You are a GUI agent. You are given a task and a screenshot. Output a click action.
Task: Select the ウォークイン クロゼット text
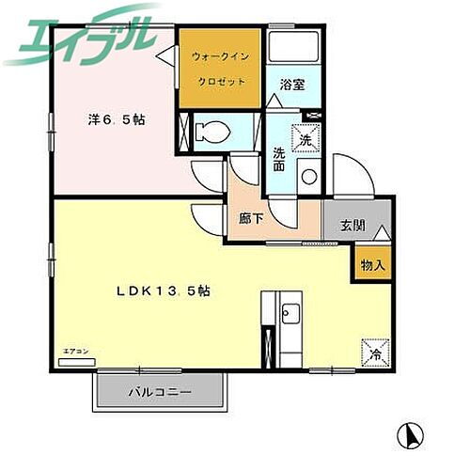pos(220,70)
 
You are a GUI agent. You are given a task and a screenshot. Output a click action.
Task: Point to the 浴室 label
pos(291,84)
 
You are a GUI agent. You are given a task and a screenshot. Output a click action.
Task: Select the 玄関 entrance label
pos(352,226)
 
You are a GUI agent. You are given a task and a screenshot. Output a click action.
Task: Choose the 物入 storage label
pos(373,264)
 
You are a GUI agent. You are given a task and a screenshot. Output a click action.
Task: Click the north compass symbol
pos(410,435)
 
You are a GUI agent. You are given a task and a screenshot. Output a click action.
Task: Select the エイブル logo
pos(79,36)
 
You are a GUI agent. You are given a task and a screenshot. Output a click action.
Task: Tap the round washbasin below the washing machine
pos(307,176)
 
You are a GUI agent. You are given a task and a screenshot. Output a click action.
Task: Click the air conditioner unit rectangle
pos(77,360)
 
